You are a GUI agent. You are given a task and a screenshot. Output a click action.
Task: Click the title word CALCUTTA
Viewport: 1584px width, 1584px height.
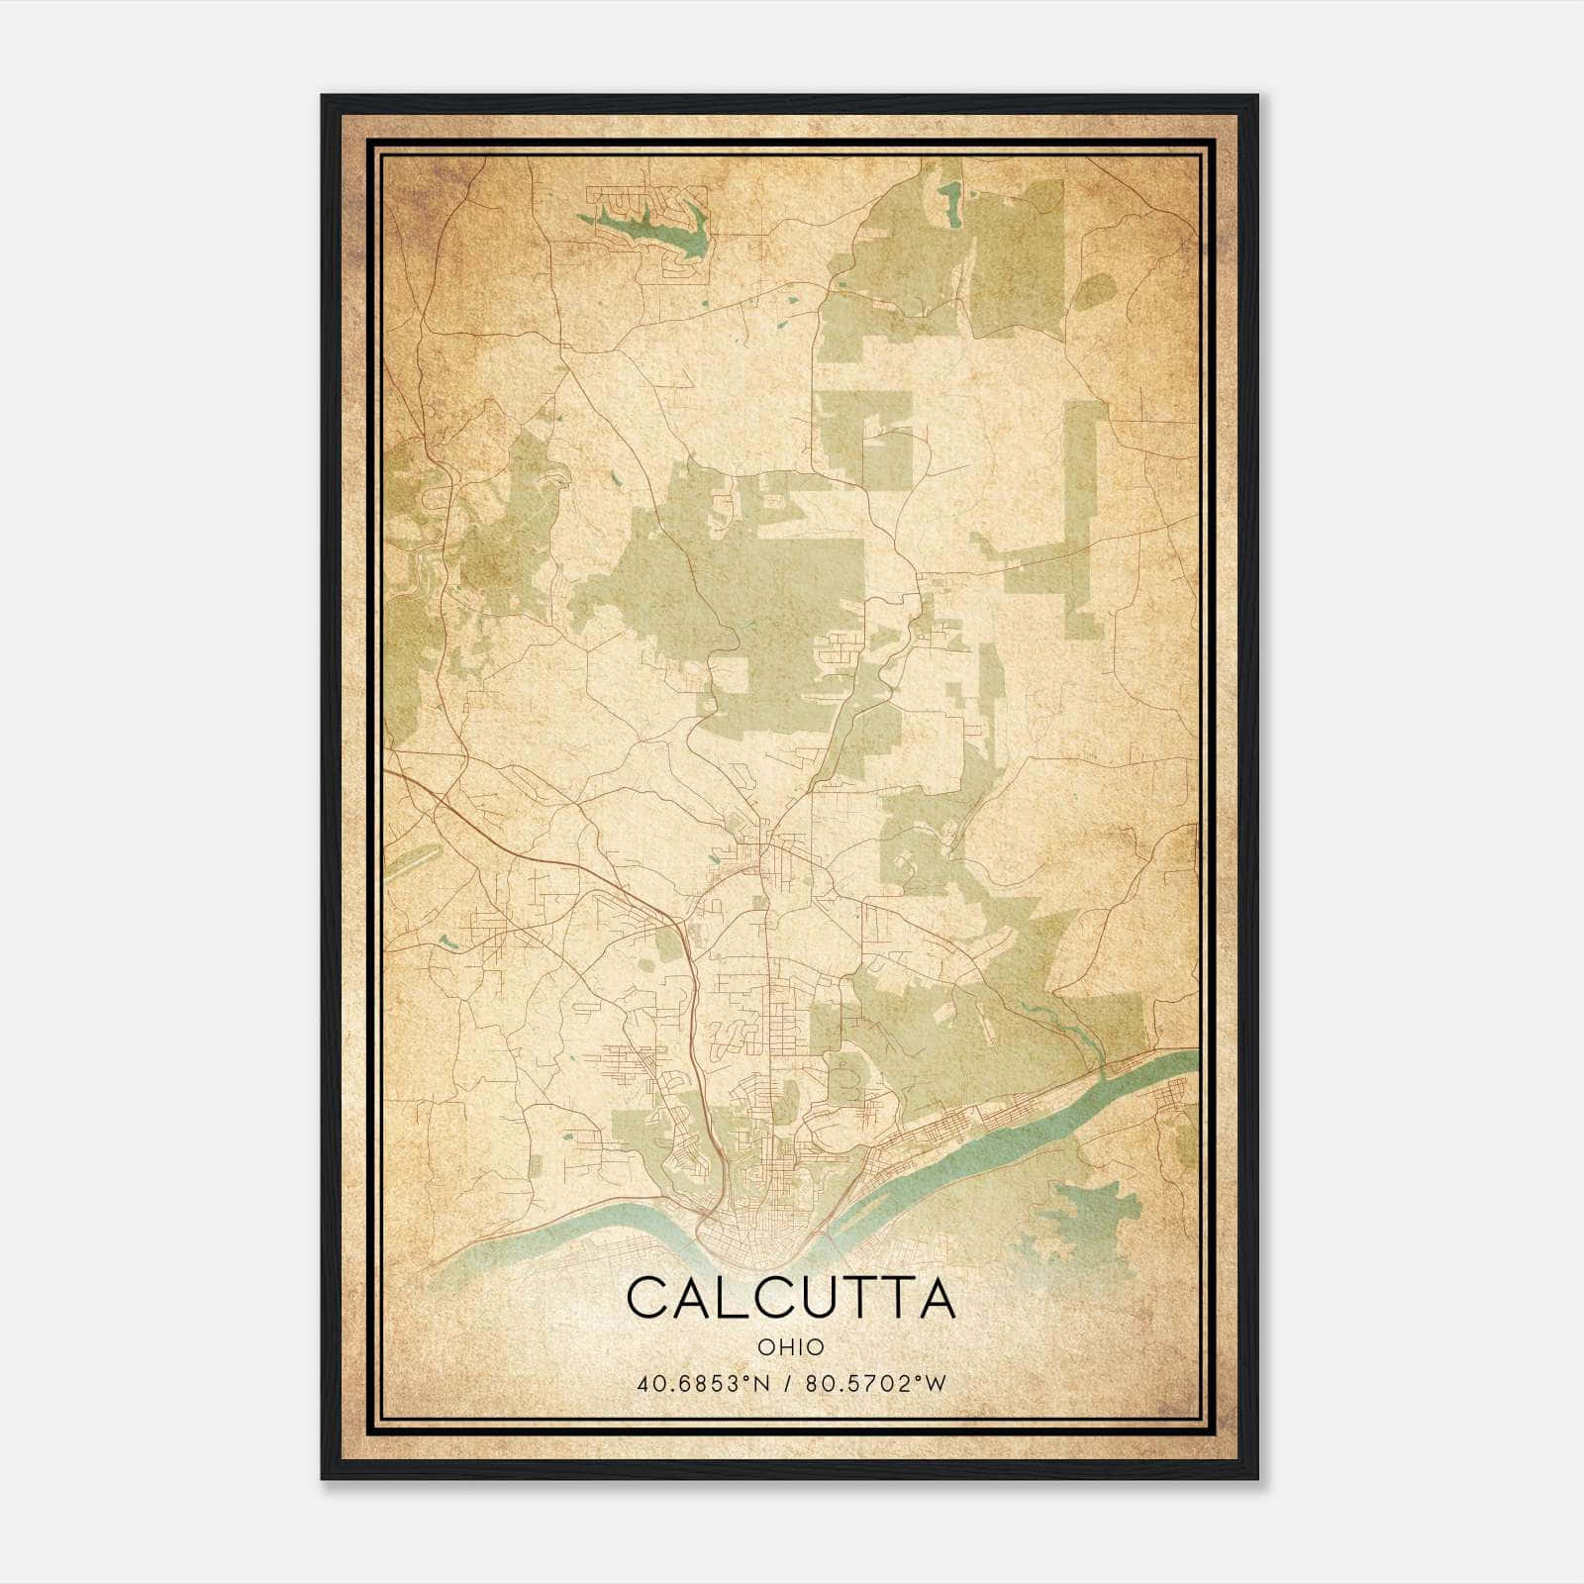point(791,1298)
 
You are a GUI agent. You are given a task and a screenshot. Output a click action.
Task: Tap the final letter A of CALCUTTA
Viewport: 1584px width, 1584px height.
point(936,1298)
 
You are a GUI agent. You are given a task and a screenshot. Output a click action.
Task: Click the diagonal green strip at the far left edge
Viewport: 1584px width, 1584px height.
point(408,862)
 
